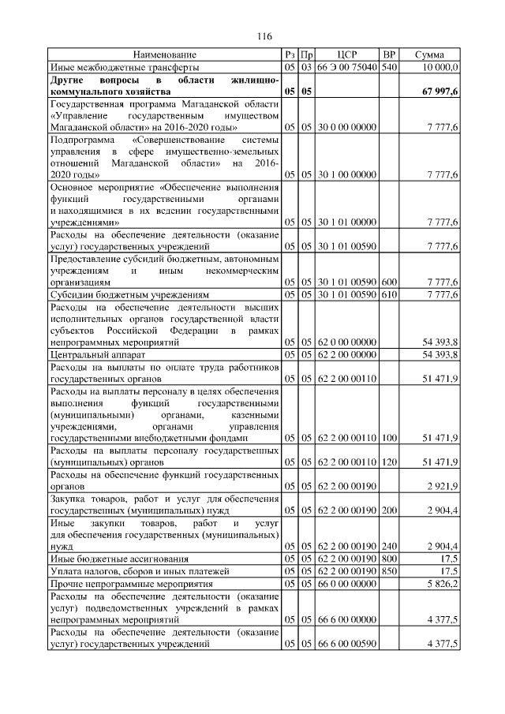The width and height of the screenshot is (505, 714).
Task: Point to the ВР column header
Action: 388,54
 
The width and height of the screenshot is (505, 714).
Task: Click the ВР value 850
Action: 388,570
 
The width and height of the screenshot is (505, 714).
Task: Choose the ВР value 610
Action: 388,294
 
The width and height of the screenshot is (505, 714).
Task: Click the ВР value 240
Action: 388,545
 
